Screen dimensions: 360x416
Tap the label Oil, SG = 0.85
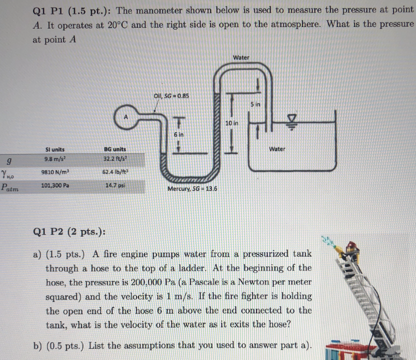pos(172,96)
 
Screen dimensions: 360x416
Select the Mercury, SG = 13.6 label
pos(192,189)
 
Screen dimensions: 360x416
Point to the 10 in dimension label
pos(232,123)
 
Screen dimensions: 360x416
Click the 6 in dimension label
pos(178,134)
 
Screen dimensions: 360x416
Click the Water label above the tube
pos(241,57)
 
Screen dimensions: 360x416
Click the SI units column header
pos(55,149)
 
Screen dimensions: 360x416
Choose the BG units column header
pos(115,149)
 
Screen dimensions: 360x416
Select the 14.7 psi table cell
pos(115,186)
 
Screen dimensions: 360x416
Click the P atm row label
pos(10,186)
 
